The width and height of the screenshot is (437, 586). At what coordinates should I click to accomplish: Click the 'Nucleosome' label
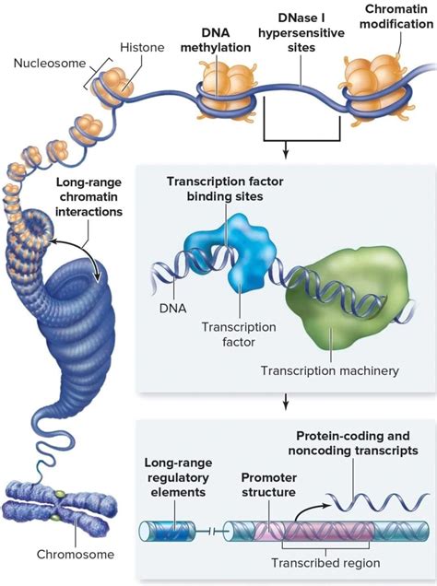pyautogui.click(x=50, y=64)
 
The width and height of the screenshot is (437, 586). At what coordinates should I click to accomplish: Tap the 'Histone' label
pyautogui.click(x=142, y=48)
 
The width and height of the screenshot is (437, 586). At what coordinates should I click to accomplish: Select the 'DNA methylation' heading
pyautogui.click(x=216, y=41)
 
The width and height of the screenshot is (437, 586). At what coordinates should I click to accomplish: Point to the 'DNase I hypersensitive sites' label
pyautogui.click(x=301, y=33)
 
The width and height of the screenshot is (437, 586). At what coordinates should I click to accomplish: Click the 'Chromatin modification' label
pyautogui.click(x=396, y=17)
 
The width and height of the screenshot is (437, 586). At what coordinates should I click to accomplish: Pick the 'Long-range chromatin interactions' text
pyautogui.click(x=89, y=197)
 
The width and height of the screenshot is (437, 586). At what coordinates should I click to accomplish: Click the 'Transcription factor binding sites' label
pyautogui.click(x=225, y=189)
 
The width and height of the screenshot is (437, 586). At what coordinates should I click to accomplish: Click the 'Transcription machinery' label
pyautogui.click(x=330, y=370)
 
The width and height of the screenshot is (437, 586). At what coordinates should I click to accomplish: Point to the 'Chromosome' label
pyautogui.click(x=76, y=554)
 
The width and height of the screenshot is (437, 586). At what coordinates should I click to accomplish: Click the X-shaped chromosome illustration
pyautogui.click(x=58, y=507)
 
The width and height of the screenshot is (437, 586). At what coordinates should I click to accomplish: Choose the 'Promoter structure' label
pyautogui.click(x=269, y=485)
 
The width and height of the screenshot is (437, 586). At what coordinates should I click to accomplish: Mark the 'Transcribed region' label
pyautogui.click(x=325, y=562)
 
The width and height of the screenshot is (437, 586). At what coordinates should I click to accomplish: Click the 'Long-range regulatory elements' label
pyautogui.click(x=178, y=477)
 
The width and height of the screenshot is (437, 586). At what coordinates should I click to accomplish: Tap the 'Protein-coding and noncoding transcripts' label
pyautogui.click(x=353, y=443)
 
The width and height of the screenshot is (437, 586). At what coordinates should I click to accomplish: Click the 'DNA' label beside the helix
pyautogui.click(x=172, y=309)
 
